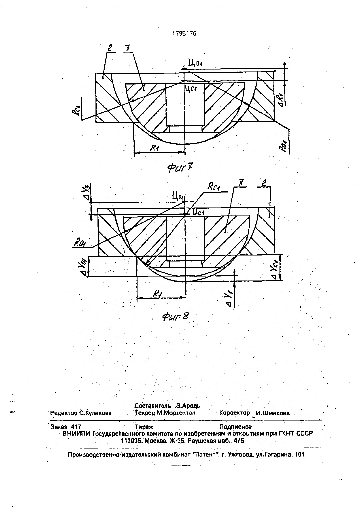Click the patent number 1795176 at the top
184,34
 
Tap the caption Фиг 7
180,168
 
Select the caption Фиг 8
176,316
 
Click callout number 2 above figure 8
264,183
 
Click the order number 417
76,427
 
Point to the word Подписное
235,427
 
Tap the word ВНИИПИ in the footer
77,433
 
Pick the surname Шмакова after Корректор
276,413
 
